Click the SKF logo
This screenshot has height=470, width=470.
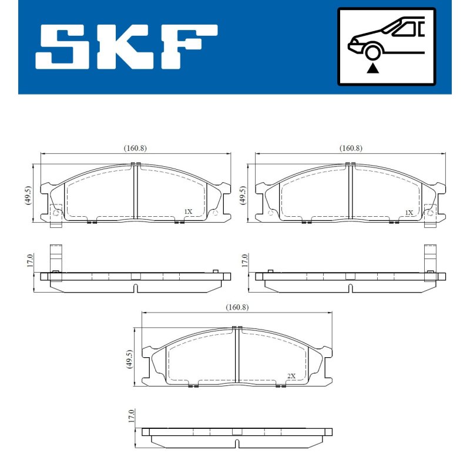(x=126, y=47)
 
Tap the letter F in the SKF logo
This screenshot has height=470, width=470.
(x=189, y=47)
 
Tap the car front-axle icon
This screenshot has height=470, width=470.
(x=387, y=46)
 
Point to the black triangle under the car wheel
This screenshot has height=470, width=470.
(x=372, y=68)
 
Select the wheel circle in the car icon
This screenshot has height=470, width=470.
(x=372, y=52)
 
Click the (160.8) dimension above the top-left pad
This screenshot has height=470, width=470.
(x=135, y=148)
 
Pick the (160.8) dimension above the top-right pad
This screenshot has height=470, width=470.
(x=351, y=148)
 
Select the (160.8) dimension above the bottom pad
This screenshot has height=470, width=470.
(x=237, y=307)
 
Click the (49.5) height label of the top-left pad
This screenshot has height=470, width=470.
(x=28, y=195)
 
